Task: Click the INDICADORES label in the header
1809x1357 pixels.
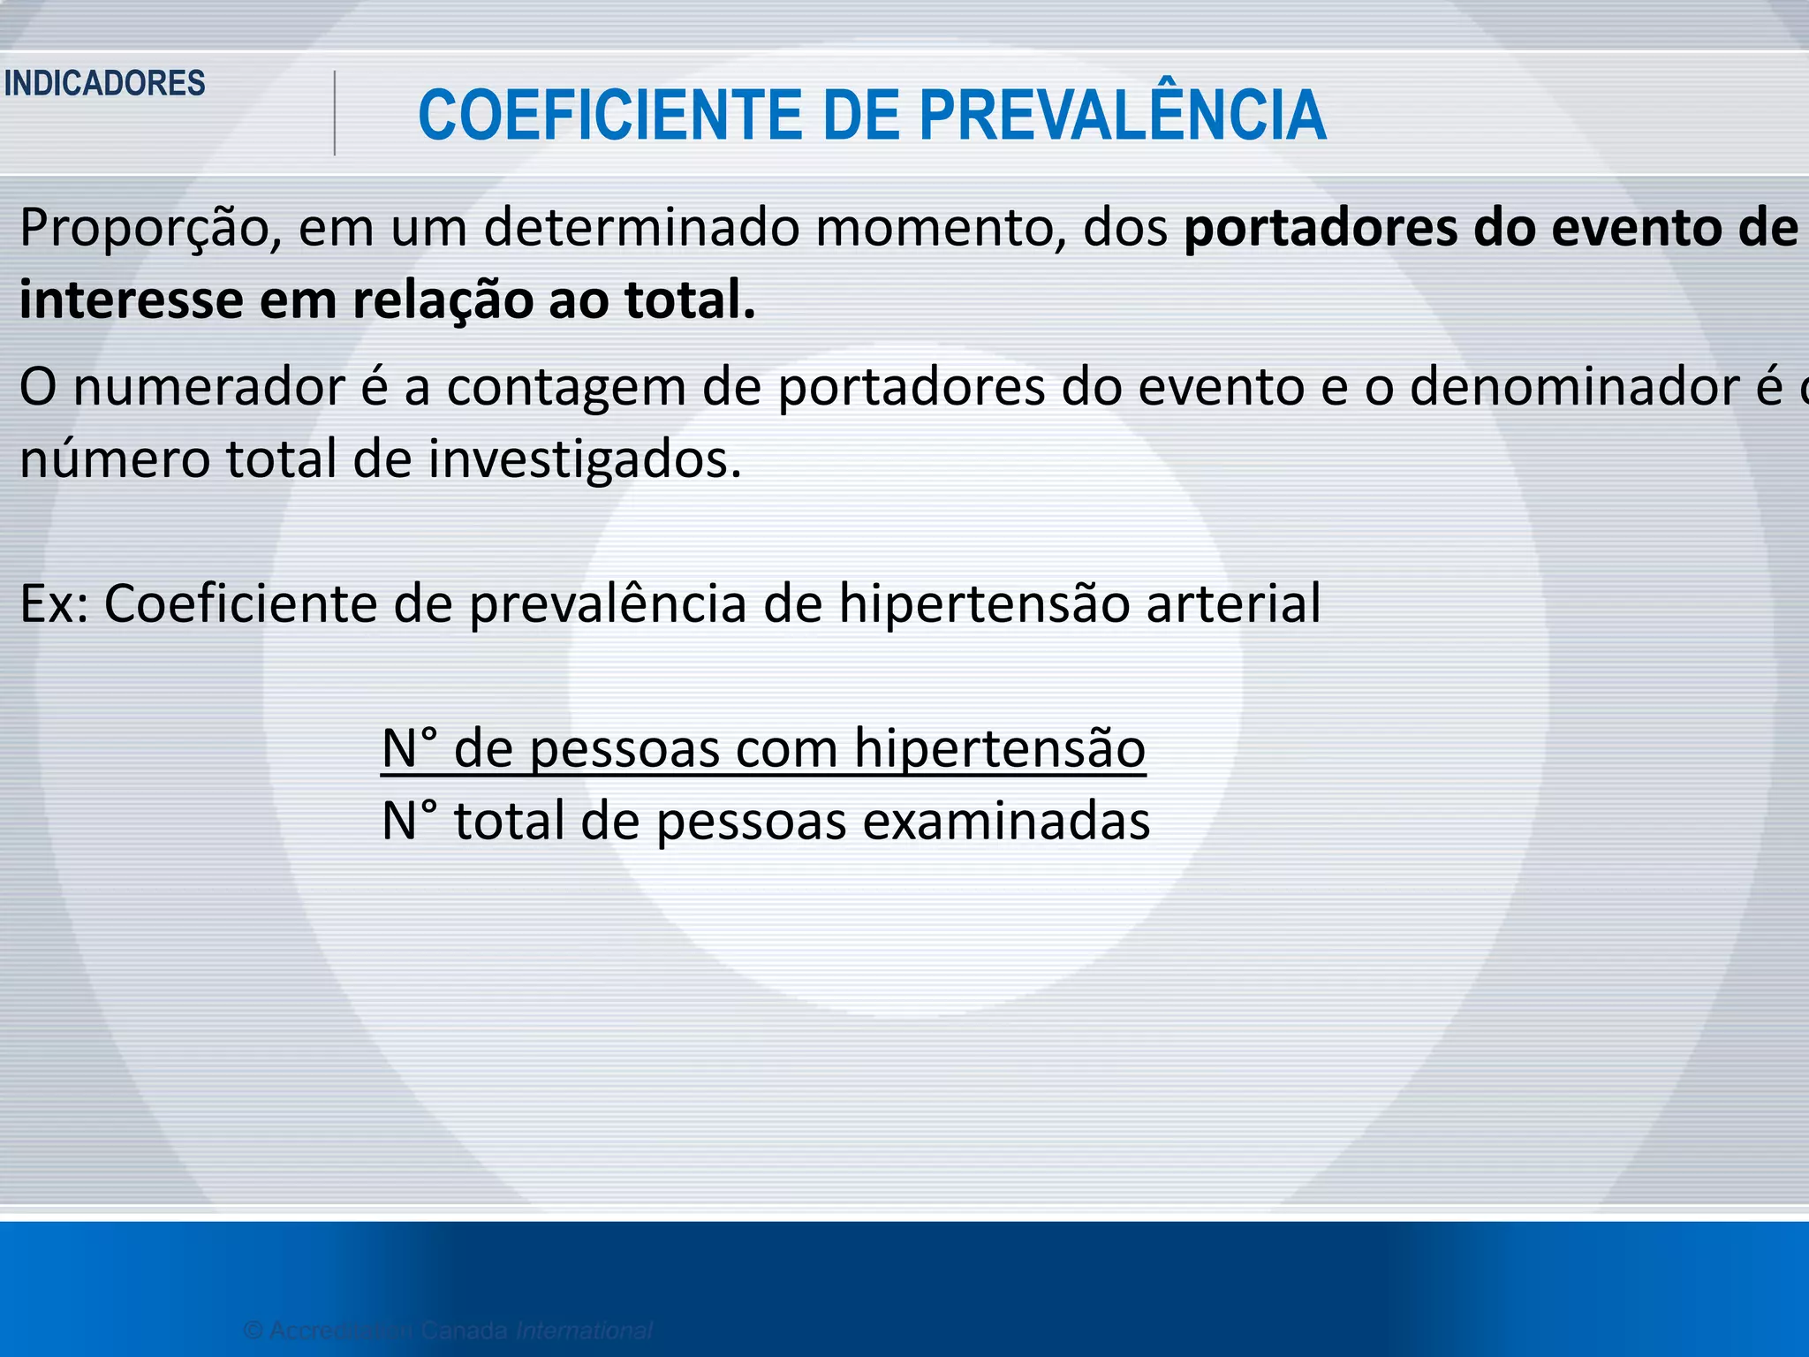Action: coord(104,83)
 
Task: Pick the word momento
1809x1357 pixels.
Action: coord(939,228)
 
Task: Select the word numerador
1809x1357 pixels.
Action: coord(208,388)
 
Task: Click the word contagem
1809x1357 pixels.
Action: coord(565,388)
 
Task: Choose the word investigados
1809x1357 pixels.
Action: coord(585,459)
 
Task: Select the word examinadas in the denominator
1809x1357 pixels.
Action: coord(1006,821)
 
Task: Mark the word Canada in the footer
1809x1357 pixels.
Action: coord(464,1330)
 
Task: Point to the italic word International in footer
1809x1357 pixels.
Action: coord(584,1330)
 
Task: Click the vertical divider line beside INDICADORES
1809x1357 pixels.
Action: coord(335,113)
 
